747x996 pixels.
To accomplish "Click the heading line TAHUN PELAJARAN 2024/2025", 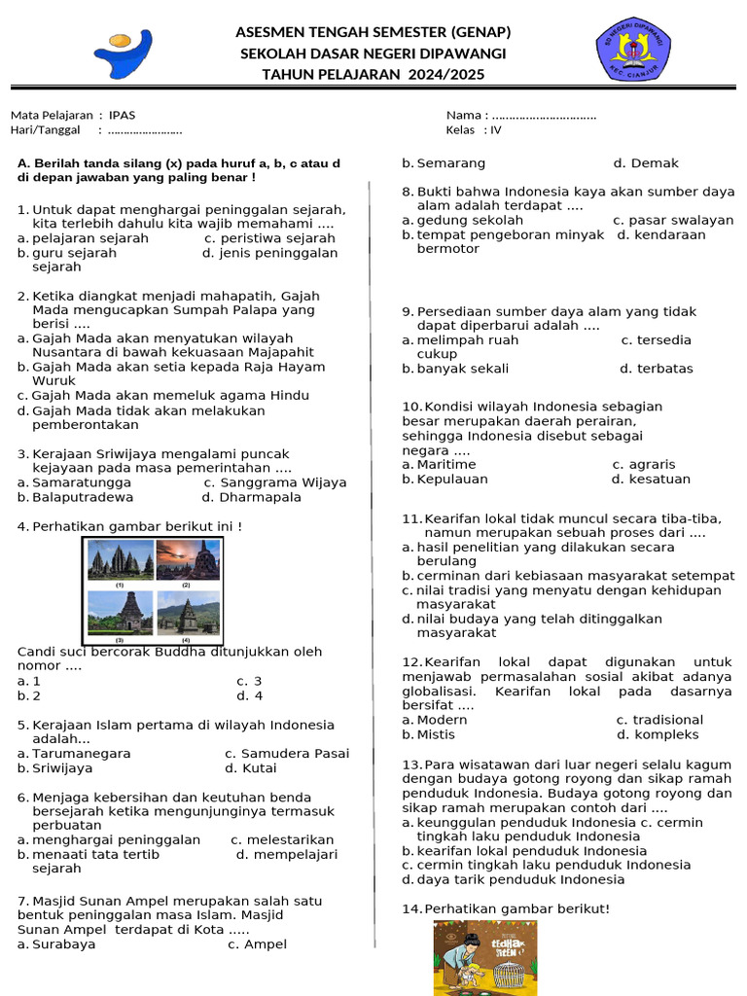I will [373, 75].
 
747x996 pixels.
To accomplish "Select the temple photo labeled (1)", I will [121, 561].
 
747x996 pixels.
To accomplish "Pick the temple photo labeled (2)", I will [187, 561].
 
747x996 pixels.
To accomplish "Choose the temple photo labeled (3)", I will [121, 614].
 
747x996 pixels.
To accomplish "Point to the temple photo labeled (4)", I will [187, 614].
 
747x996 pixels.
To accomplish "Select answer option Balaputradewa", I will [83, 497].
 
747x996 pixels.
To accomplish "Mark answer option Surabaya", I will [63, 944].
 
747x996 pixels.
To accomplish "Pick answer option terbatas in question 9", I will [664, 369].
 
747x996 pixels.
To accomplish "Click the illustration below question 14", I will [485, 958].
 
